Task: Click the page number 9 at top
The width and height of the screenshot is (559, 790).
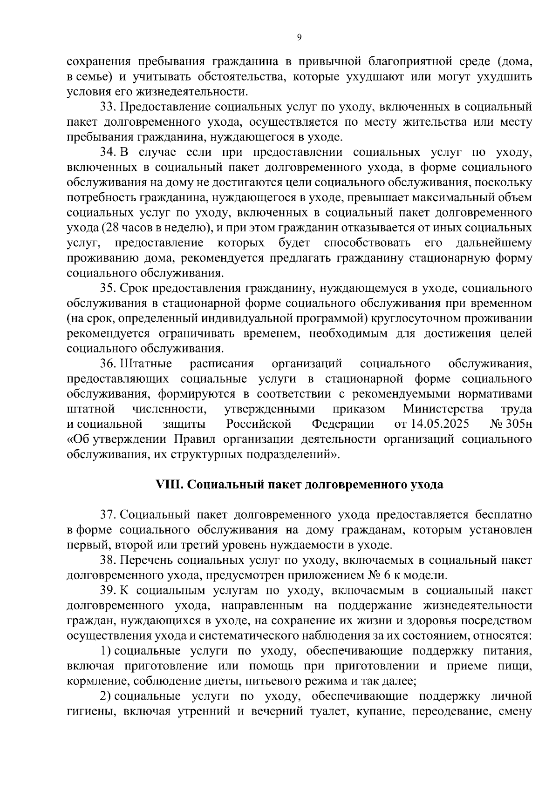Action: (x=299, y=38)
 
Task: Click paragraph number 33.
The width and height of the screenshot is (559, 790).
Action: (x=108, y=107)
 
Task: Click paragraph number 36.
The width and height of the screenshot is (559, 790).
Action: (x=108, y=364)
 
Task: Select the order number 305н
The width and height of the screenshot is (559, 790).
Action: (x=518, y=424)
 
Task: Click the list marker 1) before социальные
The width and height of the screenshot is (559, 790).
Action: (x=105, y=651)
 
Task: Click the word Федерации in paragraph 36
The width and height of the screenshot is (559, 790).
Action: (x=343, y=424)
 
